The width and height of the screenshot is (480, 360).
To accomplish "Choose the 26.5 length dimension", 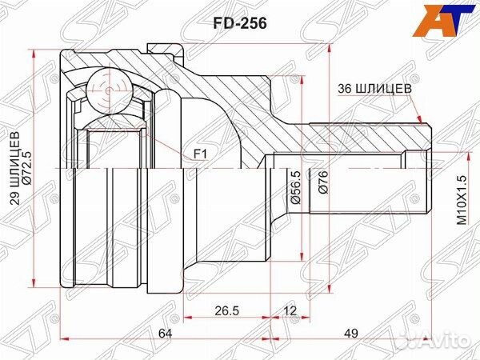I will tap(228, 310).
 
